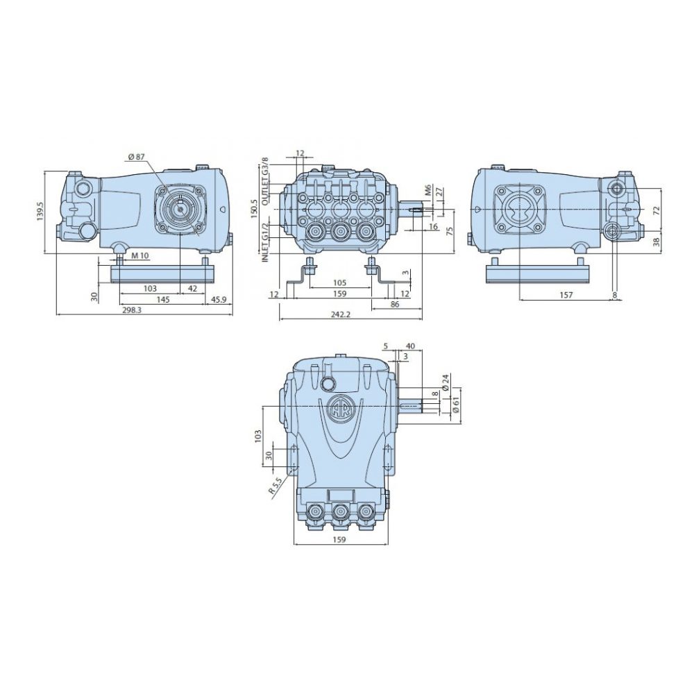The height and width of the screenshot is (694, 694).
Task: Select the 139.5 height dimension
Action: point(41,211)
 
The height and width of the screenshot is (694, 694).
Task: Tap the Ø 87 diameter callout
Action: point(137,156)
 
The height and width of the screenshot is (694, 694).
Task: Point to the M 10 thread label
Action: point(140,255)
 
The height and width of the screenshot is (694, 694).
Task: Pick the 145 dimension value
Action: point(163,300)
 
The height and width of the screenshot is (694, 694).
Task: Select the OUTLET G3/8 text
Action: point(265,180)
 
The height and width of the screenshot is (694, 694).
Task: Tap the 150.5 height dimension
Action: point(253,208)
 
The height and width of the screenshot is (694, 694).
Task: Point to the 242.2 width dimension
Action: point(340,314)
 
